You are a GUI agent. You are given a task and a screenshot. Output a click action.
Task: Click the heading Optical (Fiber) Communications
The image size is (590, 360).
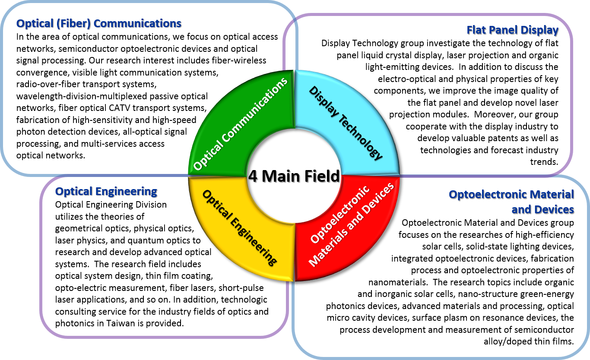coord(99,24)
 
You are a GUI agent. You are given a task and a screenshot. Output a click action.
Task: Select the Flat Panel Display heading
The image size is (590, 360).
coord(513,30)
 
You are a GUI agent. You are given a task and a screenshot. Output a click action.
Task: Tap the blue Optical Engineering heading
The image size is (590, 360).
coord(106,191)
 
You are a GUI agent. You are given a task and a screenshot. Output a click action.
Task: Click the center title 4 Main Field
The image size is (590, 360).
coord(294,176)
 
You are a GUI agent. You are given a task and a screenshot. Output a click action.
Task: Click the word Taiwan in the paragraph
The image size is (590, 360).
coord(121,323)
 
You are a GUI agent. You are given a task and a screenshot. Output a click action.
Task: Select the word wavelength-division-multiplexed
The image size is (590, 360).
coord(82,96)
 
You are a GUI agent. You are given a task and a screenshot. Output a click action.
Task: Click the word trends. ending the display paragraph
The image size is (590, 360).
coord(544,162)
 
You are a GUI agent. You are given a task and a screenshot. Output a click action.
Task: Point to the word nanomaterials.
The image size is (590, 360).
coord(398,282)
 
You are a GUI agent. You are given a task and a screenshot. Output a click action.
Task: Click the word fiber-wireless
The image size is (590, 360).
coord(239,60)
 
